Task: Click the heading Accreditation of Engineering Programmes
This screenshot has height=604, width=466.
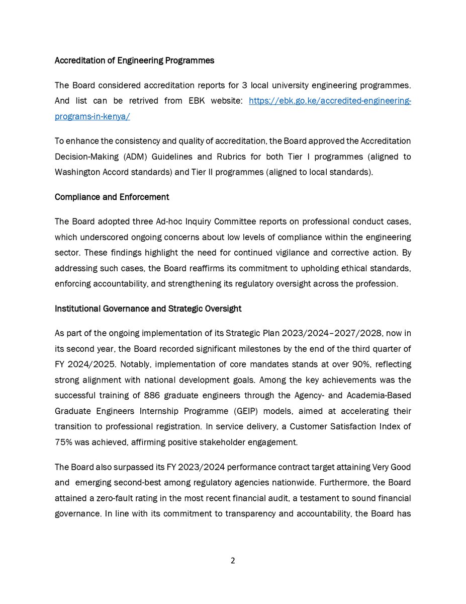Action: point(134,60)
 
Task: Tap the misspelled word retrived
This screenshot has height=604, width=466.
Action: point(146,101)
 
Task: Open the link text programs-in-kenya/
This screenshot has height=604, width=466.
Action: point(92,116)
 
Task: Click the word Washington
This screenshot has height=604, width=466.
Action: point(76,171)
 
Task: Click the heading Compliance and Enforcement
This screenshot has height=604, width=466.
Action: point(112,197)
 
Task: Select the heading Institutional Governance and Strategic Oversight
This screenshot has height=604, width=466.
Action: point(148,309)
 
